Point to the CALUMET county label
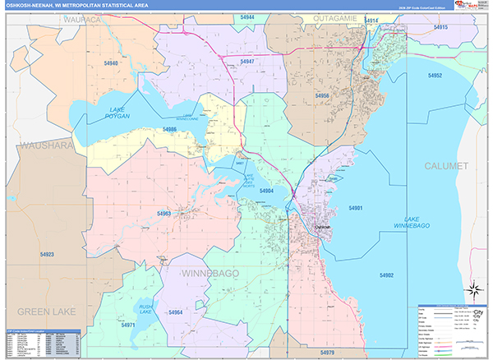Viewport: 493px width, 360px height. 446,166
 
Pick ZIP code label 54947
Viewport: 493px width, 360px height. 246,62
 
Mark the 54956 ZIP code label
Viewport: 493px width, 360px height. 322,96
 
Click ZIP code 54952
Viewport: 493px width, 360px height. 435,76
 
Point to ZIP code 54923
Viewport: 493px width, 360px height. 45,255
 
